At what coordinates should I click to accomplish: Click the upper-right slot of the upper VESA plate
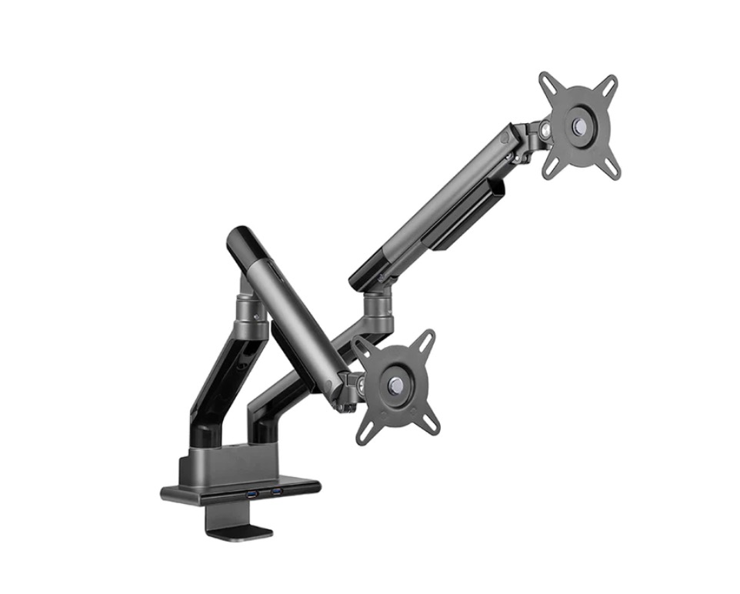point(609,83)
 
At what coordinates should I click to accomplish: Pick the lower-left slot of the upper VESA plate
point(551,166)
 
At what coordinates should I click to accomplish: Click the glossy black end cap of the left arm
point(240,241)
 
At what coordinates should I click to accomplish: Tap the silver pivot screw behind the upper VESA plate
point(545,131)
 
